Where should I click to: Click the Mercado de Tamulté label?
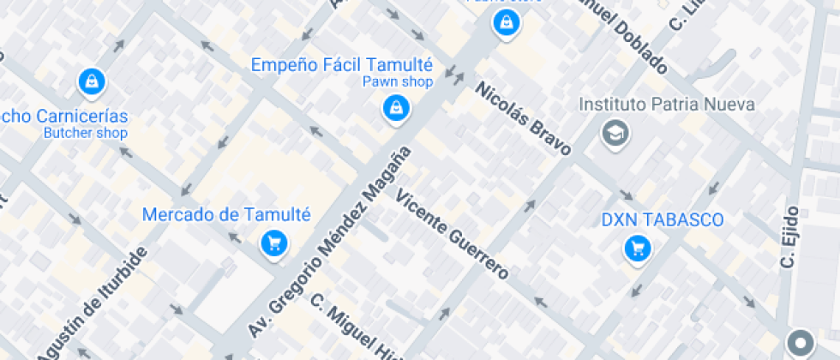[x=226, y=215]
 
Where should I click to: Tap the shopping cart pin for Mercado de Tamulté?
[x=273, y=243]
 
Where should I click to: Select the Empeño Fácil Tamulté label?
[x=342, y=65]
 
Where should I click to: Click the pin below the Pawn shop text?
[x=395, y=108]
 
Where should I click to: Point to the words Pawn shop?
[x=397, y=82]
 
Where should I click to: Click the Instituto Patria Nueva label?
[x=667, y=105]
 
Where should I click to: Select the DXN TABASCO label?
[x=662, y=220]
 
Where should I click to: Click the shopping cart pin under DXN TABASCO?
[x=638, y=249]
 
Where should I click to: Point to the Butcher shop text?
[x=85, y=133]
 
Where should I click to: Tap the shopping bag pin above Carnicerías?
[x=91, y=81]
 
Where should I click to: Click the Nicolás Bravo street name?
[x=523, y=119]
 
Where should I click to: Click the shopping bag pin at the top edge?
[x=507, y=22]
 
